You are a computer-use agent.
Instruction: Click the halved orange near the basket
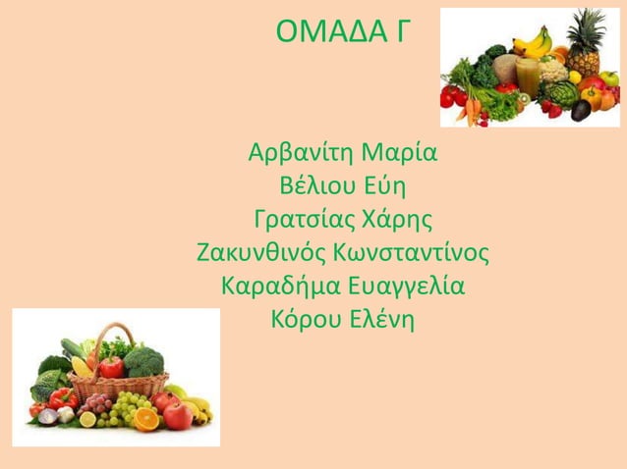tap(146, 419)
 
